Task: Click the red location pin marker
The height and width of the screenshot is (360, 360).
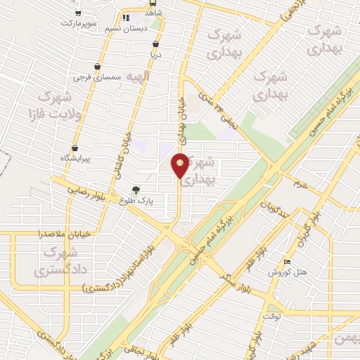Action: (181, 165)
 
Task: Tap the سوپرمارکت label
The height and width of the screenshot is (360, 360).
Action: (77, 23)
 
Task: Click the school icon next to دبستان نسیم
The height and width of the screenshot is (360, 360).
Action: (125, 18)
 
